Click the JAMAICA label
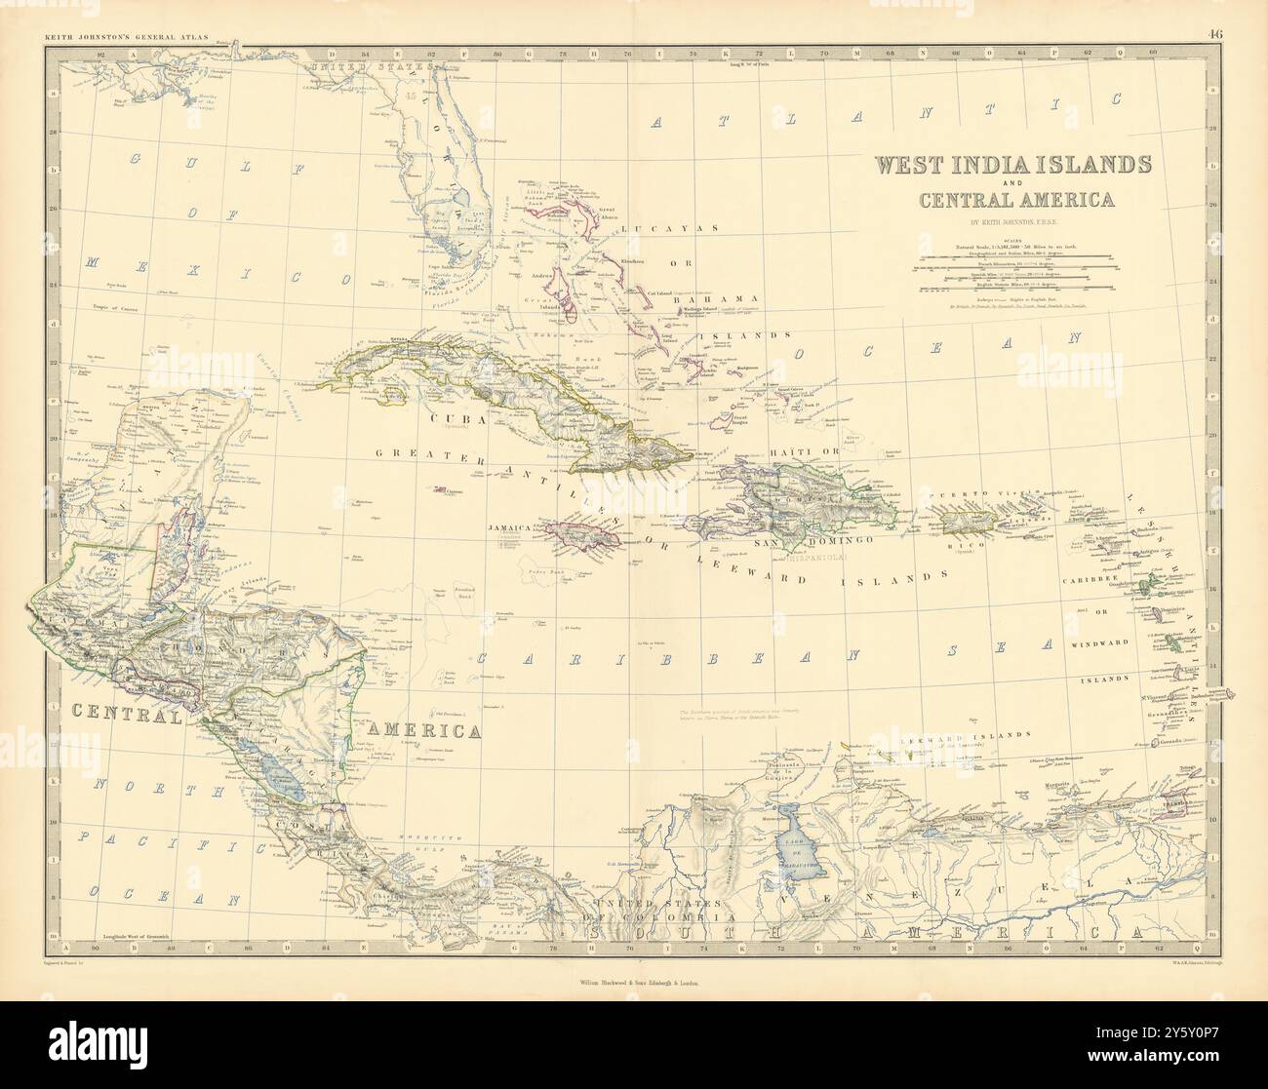tap(507, 527)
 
